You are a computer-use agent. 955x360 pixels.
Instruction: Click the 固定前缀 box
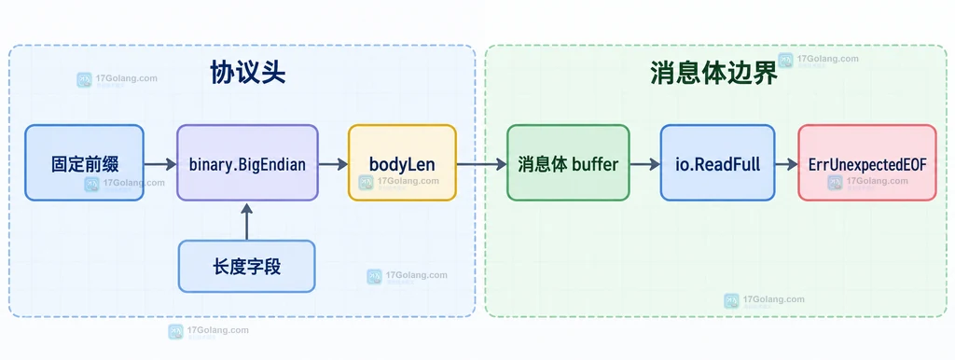coord(84,162)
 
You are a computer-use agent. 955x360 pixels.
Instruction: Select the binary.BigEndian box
coord(247,162)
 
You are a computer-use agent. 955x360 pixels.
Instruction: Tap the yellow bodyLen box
coord(402,162)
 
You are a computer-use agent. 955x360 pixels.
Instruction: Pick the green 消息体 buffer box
coord(568,162)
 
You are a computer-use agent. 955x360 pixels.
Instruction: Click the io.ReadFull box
coord(717,162)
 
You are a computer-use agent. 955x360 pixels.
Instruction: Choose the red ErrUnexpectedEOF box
coord(867,162)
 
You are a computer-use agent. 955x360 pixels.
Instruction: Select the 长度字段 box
coord(246,266)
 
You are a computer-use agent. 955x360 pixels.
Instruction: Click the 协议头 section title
coord(248,74)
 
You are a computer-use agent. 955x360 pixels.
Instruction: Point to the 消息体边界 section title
coord(713,74)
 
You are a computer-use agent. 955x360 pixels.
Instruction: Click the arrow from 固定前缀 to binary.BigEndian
coord(160,164)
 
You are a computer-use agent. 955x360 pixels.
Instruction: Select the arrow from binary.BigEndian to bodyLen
coord(333,164)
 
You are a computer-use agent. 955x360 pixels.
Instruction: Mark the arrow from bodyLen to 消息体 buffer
coord(482,164)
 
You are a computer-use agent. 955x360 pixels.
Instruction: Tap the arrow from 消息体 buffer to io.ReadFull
coord(645,164)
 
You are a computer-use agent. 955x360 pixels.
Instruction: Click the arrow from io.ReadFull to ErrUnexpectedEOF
coord(786,164)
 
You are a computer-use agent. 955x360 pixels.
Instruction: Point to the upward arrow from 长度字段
coord(246,221)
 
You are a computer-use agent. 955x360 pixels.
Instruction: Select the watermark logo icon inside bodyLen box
coord(366,182)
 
